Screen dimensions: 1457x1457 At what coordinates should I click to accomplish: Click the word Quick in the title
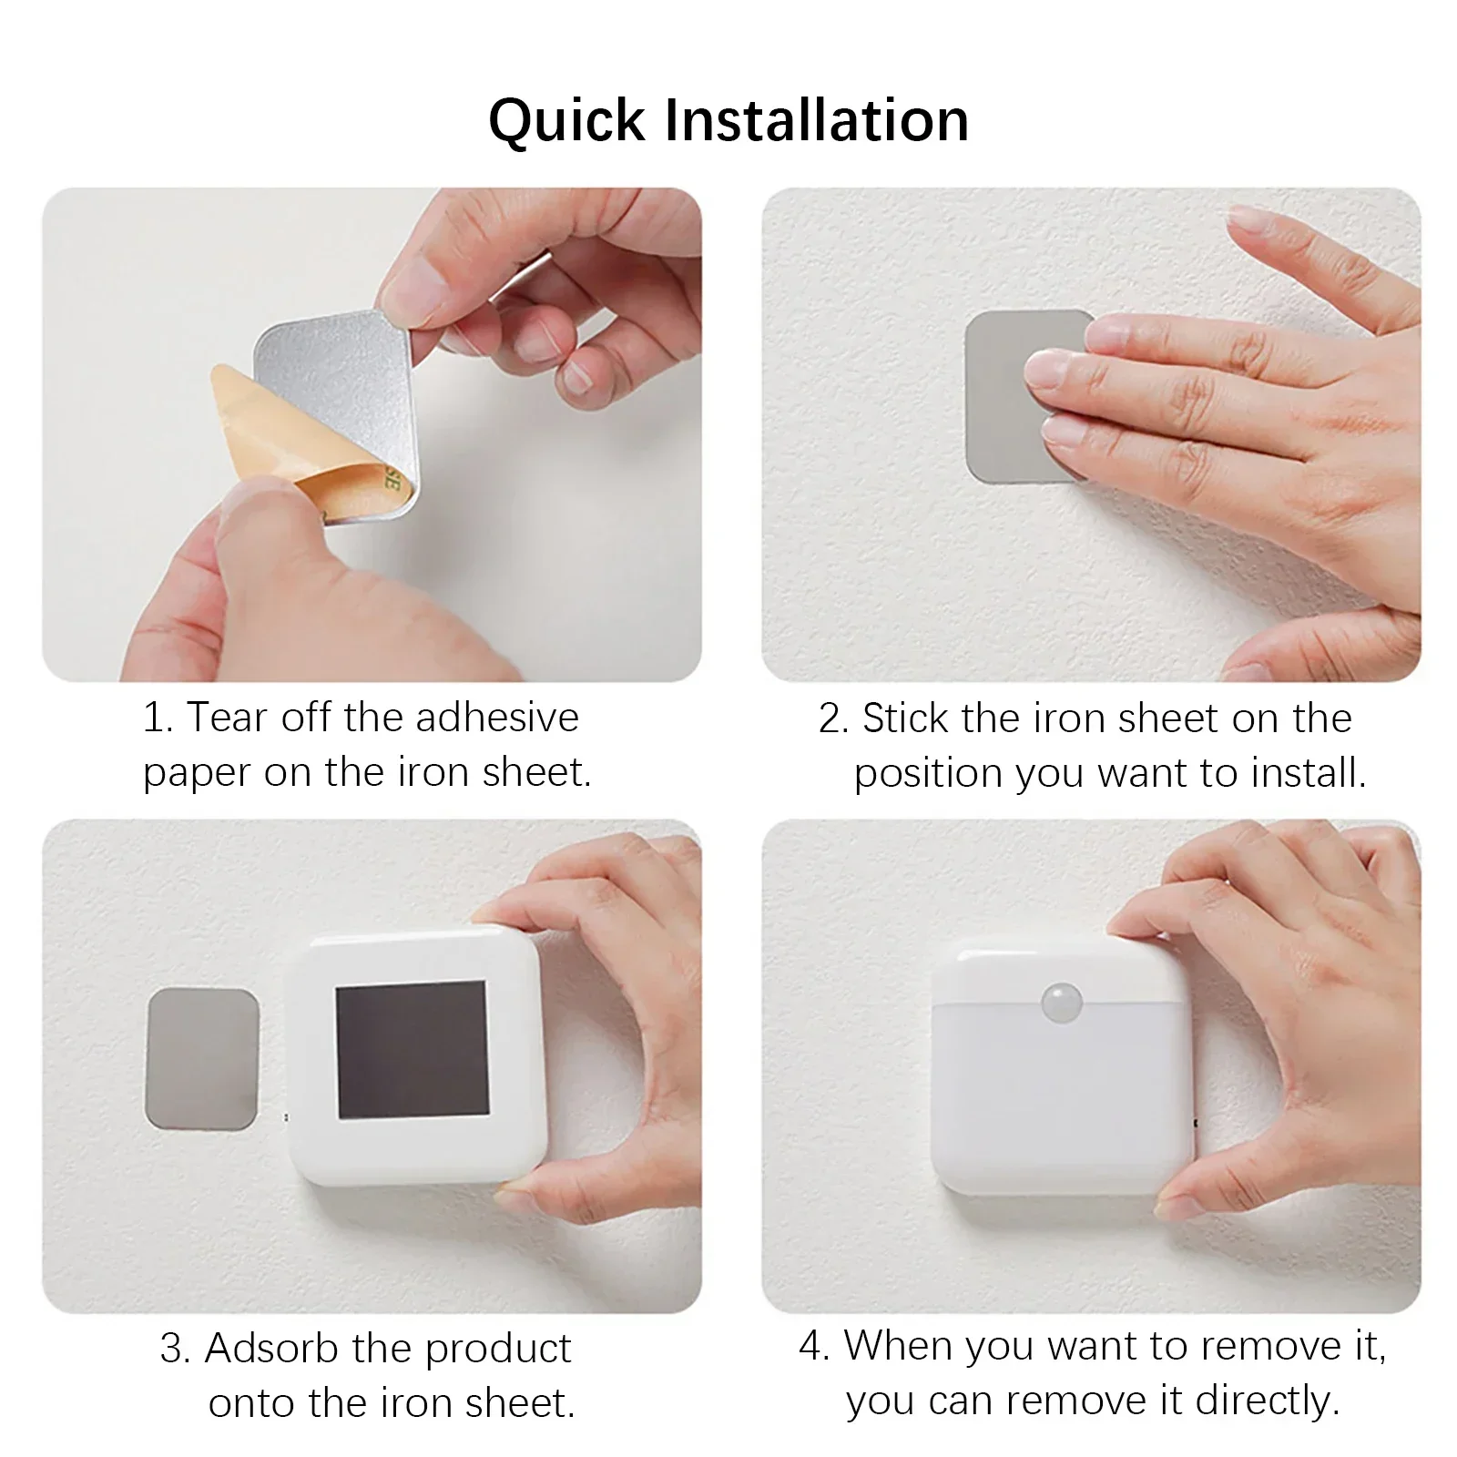pos(565,120)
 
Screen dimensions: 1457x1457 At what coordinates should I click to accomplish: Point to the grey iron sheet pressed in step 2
pos(1002,401)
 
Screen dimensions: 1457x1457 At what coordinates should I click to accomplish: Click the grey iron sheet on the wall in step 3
pos(202,1059)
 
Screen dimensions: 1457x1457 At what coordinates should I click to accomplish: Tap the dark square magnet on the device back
pos(412,1050)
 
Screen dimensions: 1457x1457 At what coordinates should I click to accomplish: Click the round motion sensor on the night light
pos(1060,1000)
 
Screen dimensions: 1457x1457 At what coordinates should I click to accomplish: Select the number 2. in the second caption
pos(832,719)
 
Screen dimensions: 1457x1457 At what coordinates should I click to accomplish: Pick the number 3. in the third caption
pos(174,1349)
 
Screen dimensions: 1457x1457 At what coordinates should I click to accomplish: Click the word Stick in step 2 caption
pos(904,719)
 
